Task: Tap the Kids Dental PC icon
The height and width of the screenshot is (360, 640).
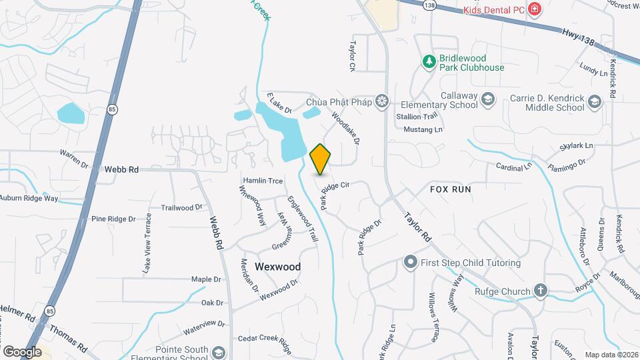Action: pyautogui.click(x=534, y=9)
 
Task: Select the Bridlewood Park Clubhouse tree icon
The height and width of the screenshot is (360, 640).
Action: pyautogui.click(x=429, y=61)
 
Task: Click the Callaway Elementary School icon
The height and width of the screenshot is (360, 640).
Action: pyautogui.click(x=489, y=99)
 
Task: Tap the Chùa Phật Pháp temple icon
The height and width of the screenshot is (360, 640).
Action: pyautogui.click(x=382, y=102)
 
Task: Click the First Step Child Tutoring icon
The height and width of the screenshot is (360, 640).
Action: pyautogui.click(x=411, y=262)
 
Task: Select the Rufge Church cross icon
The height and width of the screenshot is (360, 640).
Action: pyautogui.click(x=540, y=291)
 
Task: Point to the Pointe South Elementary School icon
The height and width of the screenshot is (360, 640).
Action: pyautogui.click(x=219, y=351)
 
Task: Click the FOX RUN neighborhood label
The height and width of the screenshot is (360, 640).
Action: pyautogui.click(x=451, y=189)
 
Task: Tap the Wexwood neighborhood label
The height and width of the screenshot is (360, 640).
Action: pyautogui.click(x=277, y=267)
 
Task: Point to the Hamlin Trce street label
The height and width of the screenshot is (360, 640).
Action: pyautogui.click(x=263, y=181)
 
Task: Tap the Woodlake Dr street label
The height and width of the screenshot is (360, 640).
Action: pyautogui.click(x=345, y=129)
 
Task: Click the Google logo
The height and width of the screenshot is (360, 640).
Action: pyautogui.click(x=22, y=351)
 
